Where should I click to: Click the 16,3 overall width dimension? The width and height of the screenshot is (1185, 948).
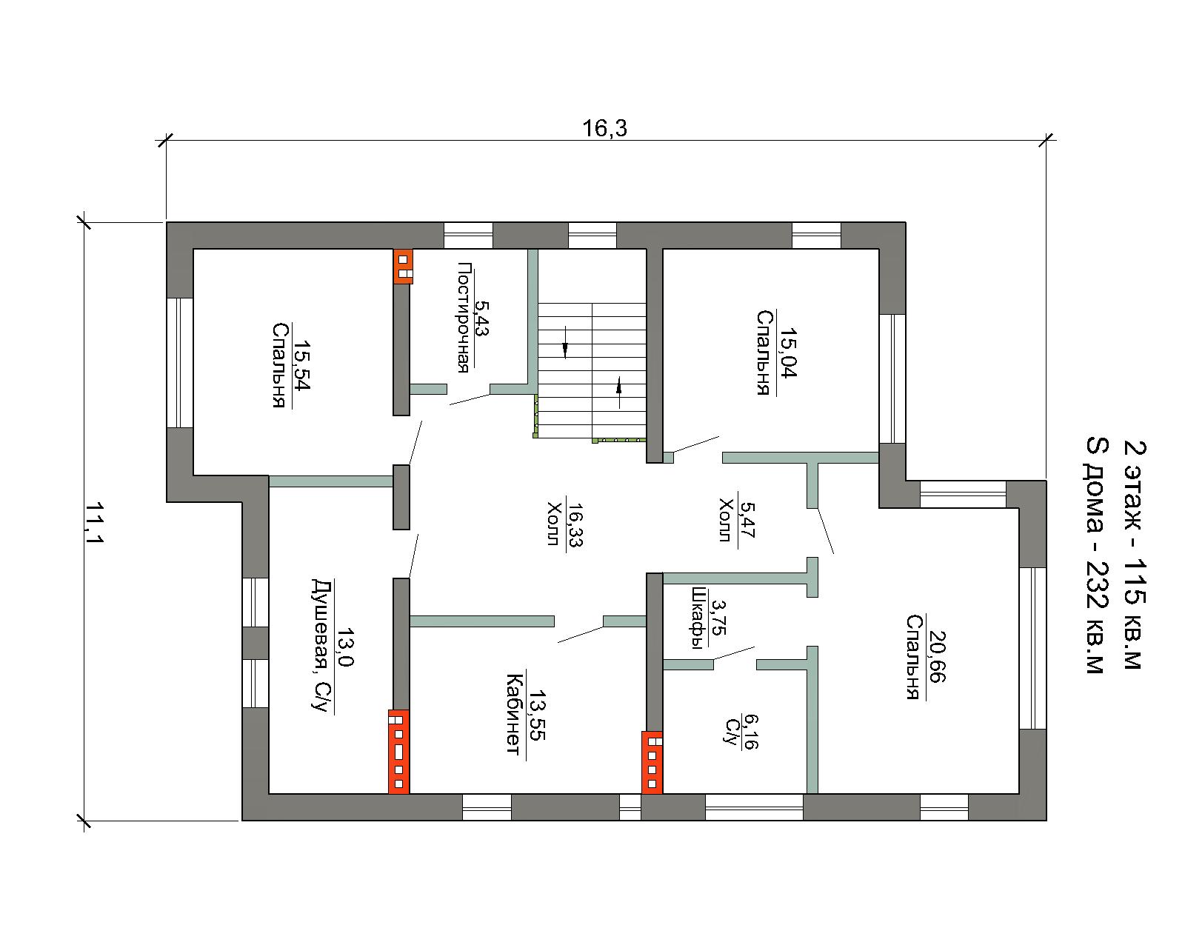pos(604,128)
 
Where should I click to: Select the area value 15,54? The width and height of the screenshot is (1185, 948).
pos(301,364)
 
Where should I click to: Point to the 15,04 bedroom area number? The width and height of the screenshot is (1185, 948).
pos(789,353)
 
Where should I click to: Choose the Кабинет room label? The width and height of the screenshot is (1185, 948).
pos(514,714)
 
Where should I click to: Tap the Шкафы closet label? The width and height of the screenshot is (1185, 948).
pos(699,618)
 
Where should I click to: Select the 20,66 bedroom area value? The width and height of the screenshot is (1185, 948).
pos(937,656)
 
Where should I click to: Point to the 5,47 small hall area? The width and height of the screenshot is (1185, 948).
pos(747,519)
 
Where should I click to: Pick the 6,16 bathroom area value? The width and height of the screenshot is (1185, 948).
pos(751,732)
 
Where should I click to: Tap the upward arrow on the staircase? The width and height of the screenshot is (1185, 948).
pos(619,393)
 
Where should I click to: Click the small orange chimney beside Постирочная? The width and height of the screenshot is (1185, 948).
pos(403,267)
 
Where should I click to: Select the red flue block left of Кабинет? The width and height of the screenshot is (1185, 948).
pos(398,752)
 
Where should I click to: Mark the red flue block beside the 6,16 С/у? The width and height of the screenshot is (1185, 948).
pos(652,762)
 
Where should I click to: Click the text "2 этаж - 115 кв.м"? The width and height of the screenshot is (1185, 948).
pos(1135,555)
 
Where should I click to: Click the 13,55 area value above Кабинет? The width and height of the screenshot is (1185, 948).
pos(535,715)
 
